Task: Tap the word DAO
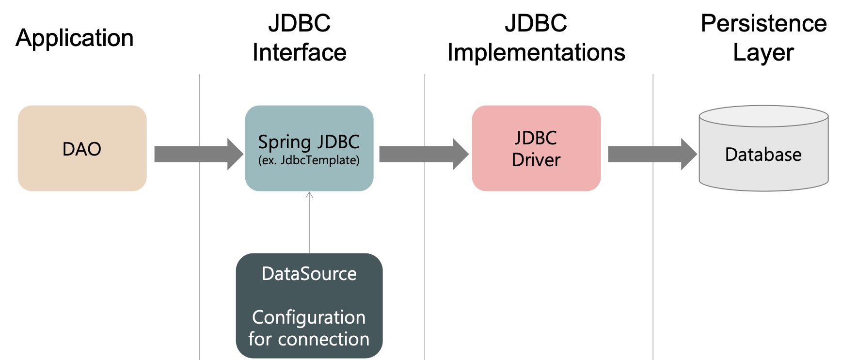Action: (x=82, y=149)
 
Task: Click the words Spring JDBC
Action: (x=309, y=142)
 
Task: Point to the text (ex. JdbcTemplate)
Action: (x=309, y=160)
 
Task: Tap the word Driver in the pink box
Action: (x=536, y=160)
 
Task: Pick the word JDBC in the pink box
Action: (x=536, y=138)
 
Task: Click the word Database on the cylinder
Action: (x=763, y=155)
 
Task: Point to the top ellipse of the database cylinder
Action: (x=763, y=116)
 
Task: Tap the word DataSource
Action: (x=309, y=274)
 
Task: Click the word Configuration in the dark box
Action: (x=309, y=317)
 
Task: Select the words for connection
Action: (x=309, y=339)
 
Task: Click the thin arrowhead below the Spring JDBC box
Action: (x=309, y=195)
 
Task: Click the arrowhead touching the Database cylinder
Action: (x=690, y=154)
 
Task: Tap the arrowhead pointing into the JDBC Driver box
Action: (x=461, y=154)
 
